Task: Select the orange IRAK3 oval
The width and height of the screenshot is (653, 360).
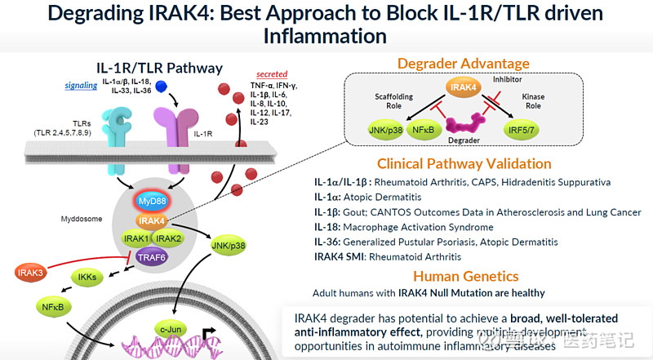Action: point(31,273)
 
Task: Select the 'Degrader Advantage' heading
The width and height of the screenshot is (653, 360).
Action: point(463,64)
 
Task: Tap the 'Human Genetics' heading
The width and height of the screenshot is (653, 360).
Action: point(466,277)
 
